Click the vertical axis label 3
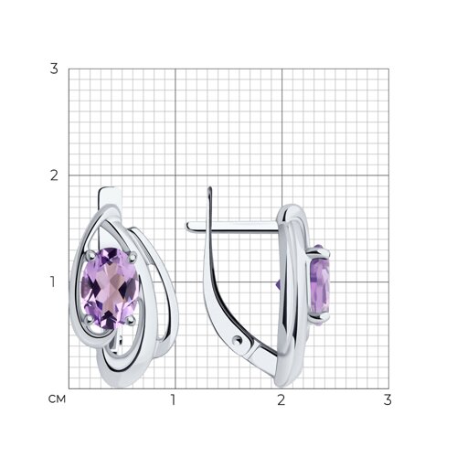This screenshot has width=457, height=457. (54, 69)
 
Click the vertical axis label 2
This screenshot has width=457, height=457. (54, 175)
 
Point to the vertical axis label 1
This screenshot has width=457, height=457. (53, 282)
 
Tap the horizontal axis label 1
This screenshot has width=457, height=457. (173, 399)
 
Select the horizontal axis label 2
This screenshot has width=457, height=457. (282, 399)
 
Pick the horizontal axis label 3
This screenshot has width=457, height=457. (388, 399)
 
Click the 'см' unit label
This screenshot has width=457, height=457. (57, 399)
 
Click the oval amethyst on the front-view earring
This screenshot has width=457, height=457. (110, 288)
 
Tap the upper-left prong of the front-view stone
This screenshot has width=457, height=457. (90, 255)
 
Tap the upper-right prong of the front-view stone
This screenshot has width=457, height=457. (133, 257)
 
